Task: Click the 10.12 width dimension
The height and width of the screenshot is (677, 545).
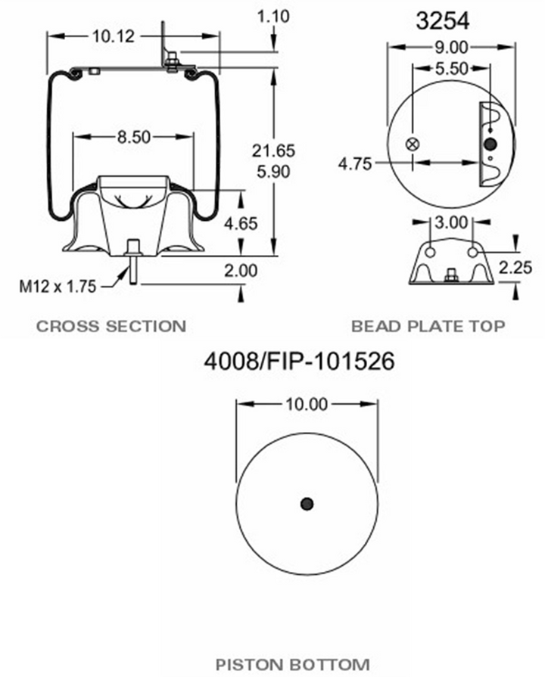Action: (x=114, y=36)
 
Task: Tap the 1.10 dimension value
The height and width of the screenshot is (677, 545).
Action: (x=273, y=17)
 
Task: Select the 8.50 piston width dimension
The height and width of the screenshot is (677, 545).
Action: (x=134, y=138)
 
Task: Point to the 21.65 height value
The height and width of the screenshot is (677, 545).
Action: (x=273, y=151)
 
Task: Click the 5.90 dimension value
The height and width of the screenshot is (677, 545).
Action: (x=273, y=172)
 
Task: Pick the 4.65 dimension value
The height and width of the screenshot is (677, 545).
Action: (x=241, y=224)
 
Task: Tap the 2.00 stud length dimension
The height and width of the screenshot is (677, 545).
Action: (x=241, y=271)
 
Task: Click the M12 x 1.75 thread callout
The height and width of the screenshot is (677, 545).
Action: (x=58, y=286)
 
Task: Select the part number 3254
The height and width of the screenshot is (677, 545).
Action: (x=443, y=20)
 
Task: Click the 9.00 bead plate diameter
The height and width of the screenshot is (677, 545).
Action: (x=452, y=48)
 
